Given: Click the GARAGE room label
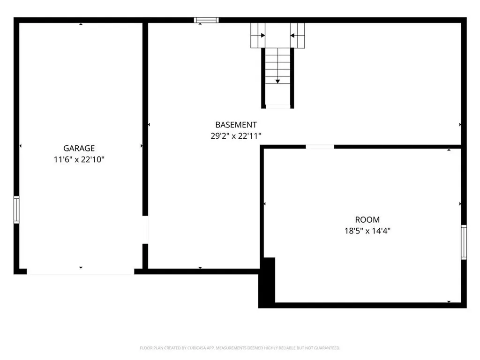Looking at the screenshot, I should [x=79, y=149].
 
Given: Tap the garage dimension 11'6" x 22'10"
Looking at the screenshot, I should [x=79, y=159].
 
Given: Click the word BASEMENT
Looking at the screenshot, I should [x=236, y=125].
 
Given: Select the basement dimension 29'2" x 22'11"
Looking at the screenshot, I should [x=236, y=135].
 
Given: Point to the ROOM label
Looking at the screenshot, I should [x=367, y=219].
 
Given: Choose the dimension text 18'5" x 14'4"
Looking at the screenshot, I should [x=367, y=231].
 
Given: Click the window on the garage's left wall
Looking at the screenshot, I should [x=16, y=210].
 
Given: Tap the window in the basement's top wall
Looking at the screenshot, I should [x=206, y=20].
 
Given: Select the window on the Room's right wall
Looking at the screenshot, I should [x=464, y=242].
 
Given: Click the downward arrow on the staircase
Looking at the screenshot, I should [x=277, y=81].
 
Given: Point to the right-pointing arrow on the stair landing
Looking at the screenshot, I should [x=262, y=35].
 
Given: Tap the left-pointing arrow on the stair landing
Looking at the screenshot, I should [x=292, y=35].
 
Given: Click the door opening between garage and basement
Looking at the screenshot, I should [x=145, y=230].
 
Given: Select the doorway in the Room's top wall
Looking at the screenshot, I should [x=320, y=147].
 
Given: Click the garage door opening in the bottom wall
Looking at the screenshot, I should [x=81, y=271].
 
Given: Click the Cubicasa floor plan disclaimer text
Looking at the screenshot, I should [x=240, y=348].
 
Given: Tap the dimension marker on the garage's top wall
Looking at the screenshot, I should [x=81, y=24].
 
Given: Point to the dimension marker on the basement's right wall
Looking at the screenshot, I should [x=460, y=125].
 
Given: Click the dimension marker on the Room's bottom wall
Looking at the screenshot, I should [x=449, y=301].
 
